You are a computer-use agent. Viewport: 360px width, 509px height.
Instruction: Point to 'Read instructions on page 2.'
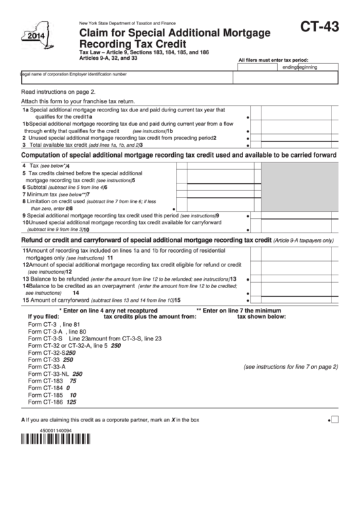58,90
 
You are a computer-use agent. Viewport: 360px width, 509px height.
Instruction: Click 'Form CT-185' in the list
46,395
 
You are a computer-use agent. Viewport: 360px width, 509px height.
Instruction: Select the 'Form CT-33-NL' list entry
48,374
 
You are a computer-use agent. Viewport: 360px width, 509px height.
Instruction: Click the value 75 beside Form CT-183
73,381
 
